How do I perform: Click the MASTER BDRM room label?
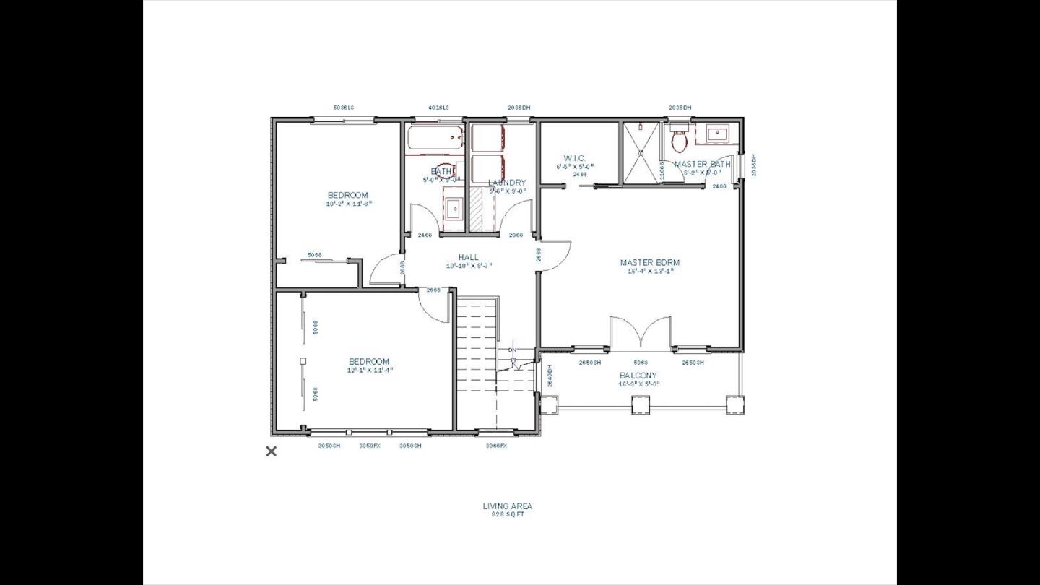click(649, 263)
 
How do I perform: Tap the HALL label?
click(468, 257)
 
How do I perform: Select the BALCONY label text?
click(638, 376)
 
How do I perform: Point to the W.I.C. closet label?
click(575, 158)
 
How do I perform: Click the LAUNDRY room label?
click(507, 183)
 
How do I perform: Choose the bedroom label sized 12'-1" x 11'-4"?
click(369, 362)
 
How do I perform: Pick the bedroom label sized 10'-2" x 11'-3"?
click(348, 195)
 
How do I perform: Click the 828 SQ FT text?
click(508, 515)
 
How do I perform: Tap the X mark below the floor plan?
click(272, 451)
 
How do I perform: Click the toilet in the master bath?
click(680, 139)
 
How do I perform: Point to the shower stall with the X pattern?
click(641, 153)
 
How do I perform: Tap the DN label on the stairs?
click(513, 350)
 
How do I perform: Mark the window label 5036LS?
click(344, 108)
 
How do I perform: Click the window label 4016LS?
click(438, 108)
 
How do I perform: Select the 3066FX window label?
click(497, 446)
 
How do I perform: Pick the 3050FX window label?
click(370, 446)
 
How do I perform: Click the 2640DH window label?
click(549, 376)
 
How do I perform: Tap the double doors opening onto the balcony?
click(641, 334)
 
